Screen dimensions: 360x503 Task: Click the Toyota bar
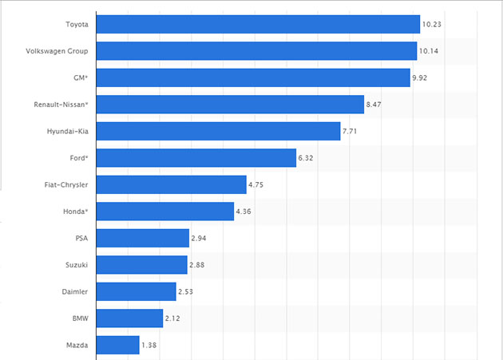pyautogui.click(x=257, y=24)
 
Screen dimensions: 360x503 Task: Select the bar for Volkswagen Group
pyautogui.click(x=255, y=51)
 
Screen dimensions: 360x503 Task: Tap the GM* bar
pyautogui.click(x=252, y=78)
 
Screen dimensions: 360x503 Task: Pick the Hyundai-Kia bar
pyautogui.click(x=218, y=132)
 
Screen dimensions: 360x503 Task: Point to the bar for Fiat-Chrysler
pyautogui.click(x=171, y=185)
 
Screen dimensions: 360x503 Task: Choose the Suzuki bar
pyautogui.click(x=141, y=265)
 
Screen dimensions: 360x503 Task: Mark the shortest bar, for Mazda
pyautogui.click(x=117, y=346)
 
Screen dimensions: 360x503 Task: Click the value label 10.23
pyautogui.click(x=432, y=24)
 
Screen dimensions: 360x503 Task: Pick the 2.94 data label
pyautogui.click(x=200, y=239)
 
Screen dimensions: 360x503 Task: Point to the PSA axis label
pyautogui.click(x=81, y=239)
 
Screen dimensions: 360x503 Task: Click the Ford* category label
pyautogui.click(x=80, y=159)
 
